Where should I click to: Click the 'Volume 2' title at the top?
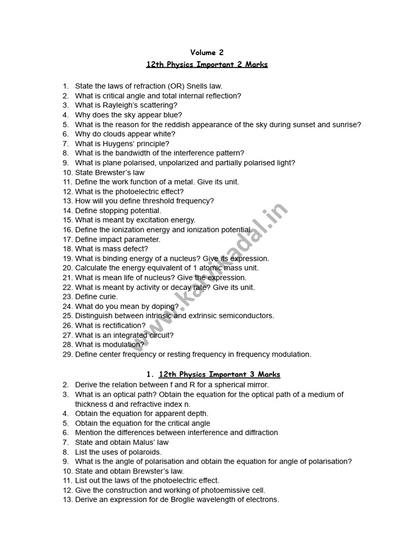pyautogui.click(x=207, y=52)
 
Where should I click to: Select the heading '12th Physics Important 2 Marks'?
pyautogui.click(x=207, y=64)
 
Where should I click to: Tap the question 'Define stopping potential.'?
pyautogui.click(x=118, y=210)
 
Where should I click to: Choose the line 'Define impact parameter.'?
pyautogui.click(x=117, y=239)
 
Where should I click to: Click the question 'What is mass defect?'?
pyautogui.click(x=111, y=249)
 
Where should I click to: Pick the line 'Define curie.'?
pyautogui.click(x=96, y=296)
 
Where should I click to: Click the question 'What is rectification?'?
pyautogui.click(x=110, y=326)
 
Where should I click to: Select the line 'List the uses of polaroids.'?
pyautogui.click(x=118, y=452)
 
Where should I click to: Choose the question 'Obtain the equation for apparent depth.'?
pyautogui.click(x=142, y=413)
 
